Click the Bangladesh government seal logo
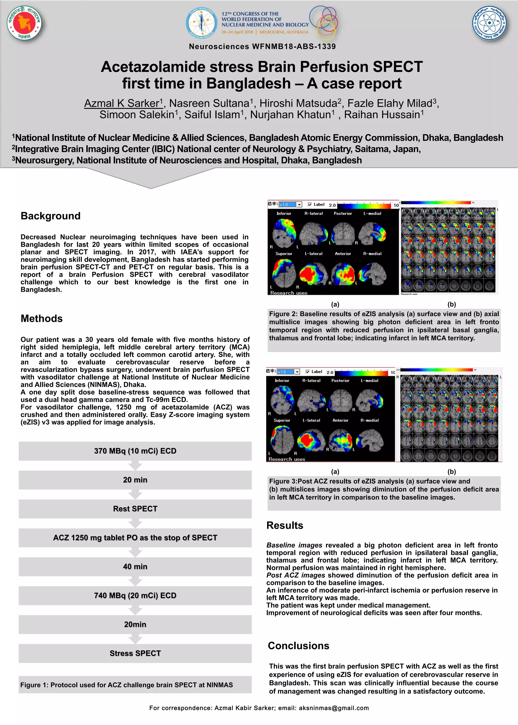pyautogui.click(x=24, y=23)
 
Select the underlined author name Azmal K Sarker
pyautogui.click(x=123, y=103)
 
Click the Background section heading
pyautogui.click(x=50, y=216)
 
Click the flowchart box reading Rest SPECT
pyautogui.click(x=135, y=509)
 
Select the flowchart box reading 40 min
pyautogui.click(x=135, y=566)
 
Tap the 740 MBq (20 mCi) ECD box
pyautogui.click(x=135, y=595)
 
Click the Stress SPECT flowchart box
pyautogui.click(x=135, y=653)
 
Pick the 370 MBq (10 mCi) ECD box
pyautogui.click(x=135, y=451)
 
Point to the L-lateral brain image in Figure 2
pyautogui.click(x=313, y=273)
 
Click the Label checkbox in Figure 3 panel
pyautogui.click(x=308, y=371)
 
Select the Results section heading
pyautogui.click(x=285, y=525)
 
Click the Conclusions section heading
pyautogui.click(x=298, y=645)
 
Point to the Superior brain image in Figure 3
pyautogui.click(x=282, y=439)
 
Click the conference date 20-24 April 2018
pyautogui.click(x=237, y=32)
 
